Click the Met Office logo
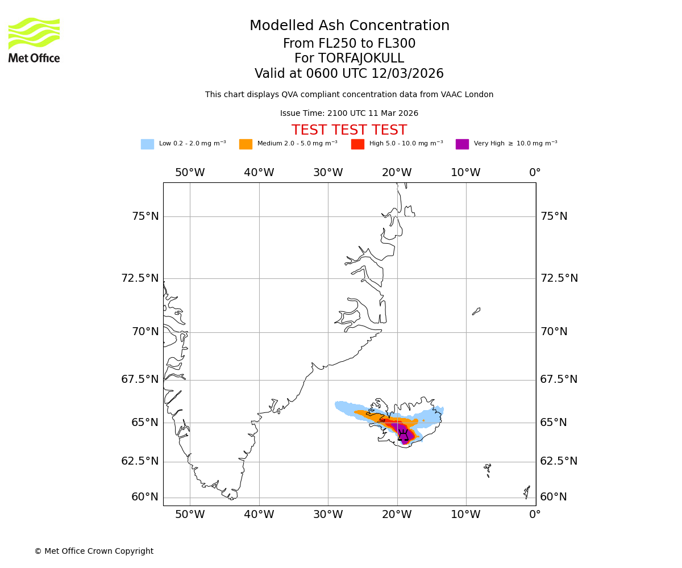[34, 40]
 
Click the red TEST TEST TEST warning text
[349, 130]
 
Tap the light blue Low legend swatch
[147, 144]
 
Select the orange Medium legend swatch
[246, 144]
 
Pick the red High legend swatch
[357, 144]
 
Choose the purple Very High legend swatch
[462, 144]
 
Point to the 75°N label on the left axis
[145, 216]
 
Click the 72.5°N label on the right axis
[559, 278]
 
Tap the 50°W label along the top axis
[190, 173]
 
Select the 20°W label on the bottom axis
[397, 515]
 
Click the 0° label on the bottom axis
[535, 515]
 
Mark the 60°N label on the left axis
[145, 497]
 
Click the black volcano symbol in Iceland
[403, 436]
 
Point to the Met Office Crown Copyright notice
[94, 551]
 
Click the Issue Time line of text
[349, 114]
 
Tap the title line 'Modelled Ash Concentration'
[349, 26]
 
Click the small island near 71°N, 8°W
[476, 311]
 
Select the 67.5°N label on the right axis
[559, 379]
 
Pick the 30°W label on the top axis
[328, 173]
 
